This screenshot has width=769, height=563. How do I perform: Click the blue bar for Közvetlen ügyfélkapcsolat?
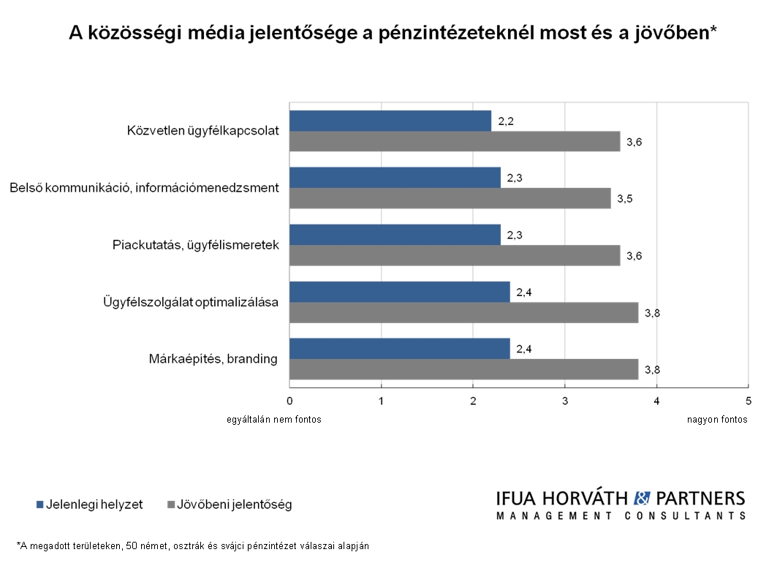[390, 121]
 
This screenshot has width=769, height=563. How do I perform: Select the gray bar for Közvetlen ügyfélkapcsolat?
[455, 141]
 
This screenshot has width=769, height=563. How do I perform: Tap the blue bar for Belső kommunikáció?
[395, 178]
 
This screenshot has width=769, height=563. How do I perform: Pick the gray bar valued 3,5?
[450, 198]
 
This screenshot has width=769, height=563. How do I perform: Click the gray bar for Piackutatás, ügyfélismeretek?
[455, 255]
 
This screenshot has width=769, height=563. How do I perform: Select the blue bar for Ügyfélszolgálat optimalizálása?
[399, 292]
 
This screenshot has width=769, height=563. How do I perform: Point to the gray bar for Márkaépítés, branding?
[463, 369]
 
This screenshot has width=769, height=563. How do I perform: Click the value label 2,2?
[506, 121]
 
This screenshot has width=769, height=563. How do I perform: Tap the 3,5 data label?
[625, 199]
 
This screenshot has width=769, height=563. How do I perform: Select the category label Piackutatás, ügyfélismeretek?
[196, 245]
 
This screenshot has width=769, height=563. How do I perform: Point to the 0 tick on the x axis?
[289, 401]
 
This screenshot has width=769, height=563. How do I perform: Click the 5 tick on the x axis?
[748, 401]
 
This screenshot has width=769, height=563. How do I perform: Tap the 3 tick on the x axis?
[565, 401]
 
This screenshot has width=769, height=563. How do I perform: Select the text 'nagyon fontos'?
[717, 420]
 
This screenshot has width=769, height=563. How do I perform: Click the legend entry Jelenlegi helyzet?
[88, 505]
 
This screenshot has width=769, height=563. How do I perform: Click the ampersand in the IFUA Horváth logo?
[641, 499]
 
